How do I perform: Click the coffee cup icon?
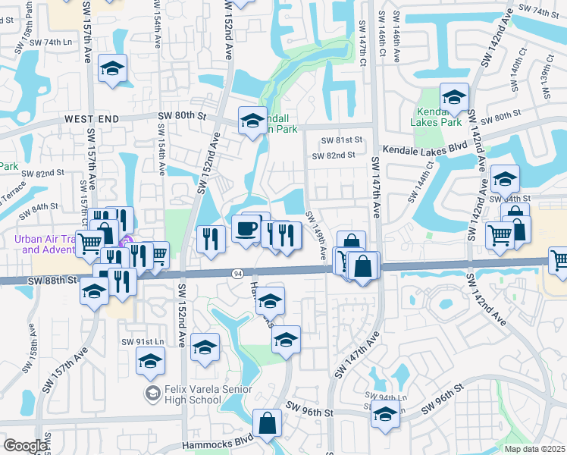point(245,228)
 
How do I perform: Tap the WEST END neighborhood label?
point(92,119)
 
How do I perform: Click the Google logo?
point(25,446)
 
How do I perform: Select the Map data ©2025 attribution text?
point(535,449)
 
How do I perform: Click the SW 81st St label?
point(342,140)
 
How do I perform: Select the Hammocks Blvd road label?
point(217,445)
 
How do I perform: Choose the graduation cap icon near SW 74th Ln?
point(112,69)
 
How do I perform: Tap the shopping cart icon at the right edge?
point(559,259)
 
